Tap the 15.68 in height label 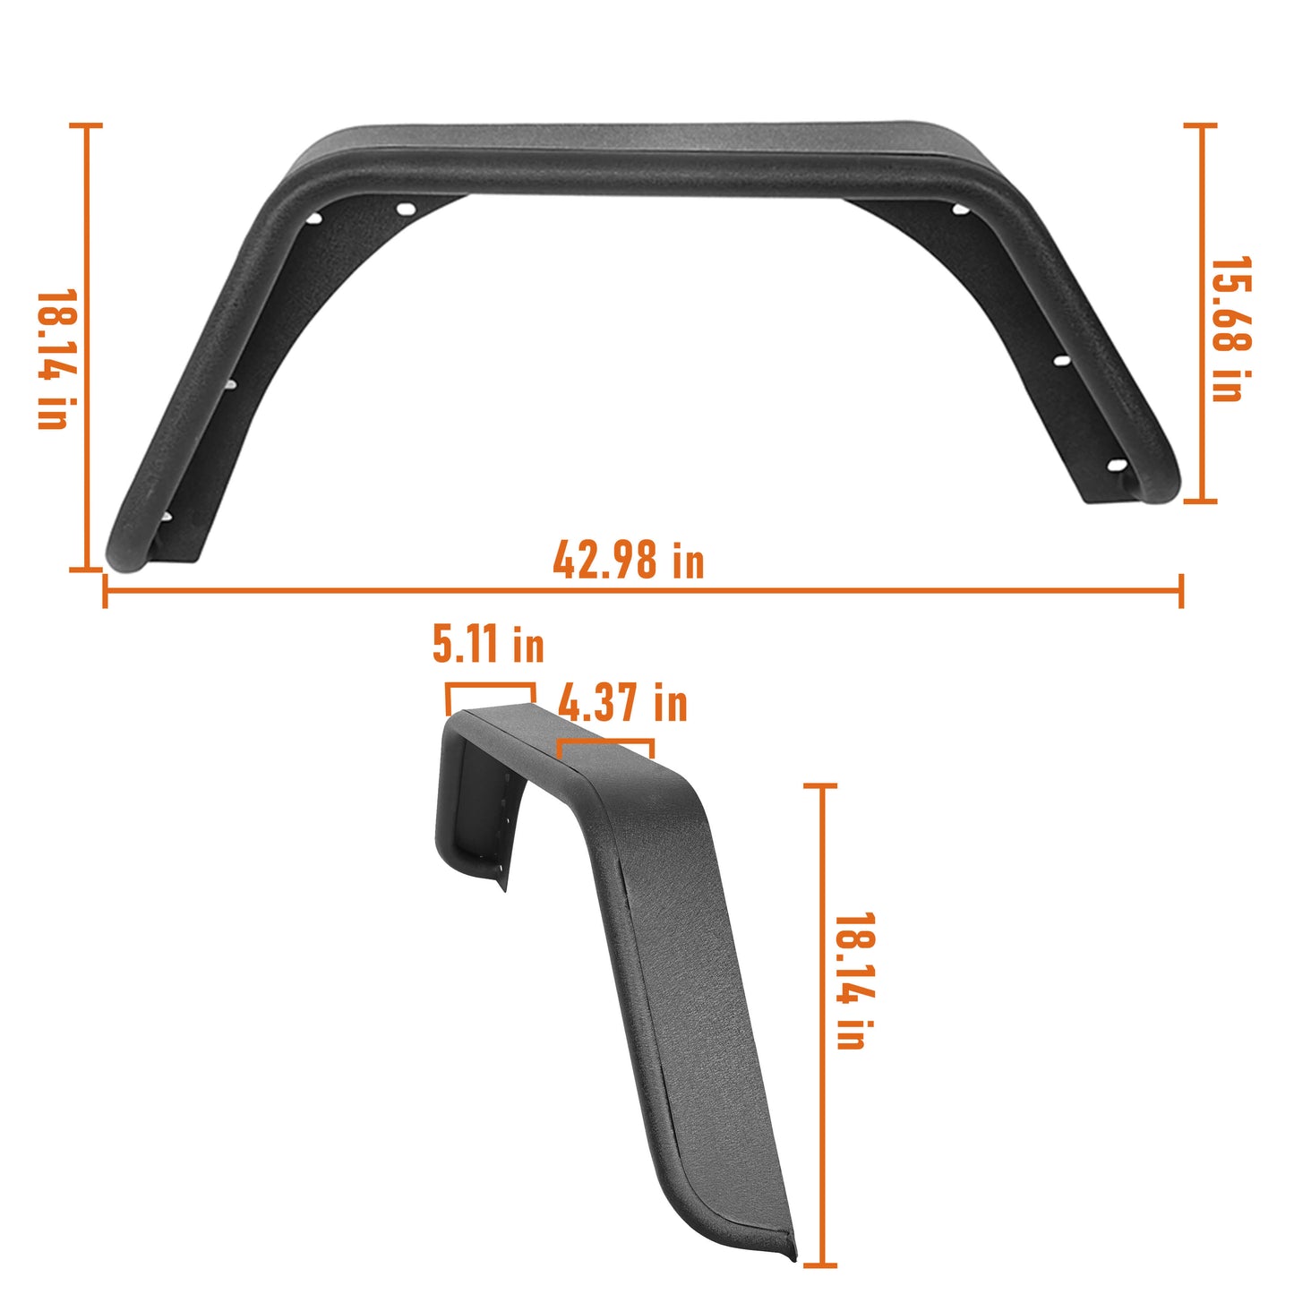(1231, 329)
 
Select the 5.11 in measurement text (488, 644)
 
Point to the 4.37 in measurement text (623, 703)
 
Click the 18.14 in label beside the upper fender (55, 358)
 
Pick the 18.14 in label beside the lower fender (853, 981)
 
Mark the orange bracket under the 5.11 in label (490, 687)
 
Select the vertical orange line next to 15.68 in (1200, 313)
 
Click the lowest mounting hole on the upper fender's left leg (167, 517)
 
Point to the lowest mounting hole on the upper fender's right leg (1116, 465)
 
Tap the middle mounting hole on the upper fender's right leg (1062, 360)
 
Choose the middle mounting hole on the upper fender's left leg (229, 384)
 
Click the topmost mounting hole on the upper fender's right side (959, 210)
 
